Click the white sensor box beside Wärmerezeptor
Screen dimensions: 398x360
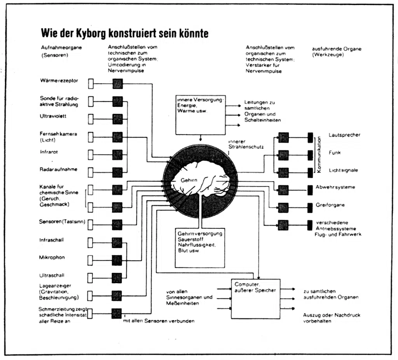pyautogui.click(x=91, y=83)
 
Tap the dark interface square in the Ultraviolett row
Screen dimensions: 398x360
pyautogui.click(x=117, y=119)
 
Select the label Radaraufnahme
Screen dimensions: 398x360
pyautogui.click(x=58, y=169)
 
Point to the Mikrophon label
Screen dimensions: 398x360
pyautogui.click(x=52, y=257)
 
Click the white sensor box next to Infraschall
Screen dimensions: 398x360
pyautogui.click(x=90, y=243)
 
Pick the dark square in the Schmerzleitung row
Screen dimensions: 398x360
pyautogui.click(x=117, y=313)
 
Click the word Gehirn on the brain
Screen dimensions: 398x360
pyautogui.click(x=189, y=180)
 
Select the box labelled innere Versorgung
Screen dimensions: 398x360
pyautogui.click(x=201, y=115)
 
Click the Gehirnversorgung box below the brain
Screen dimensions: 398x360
pyautogui.click(x=200, y=248)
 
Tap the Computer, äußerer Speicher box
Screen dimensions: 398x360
pyautogui.click(x=256, y=299)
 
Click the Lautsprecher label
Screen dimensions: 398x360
pyautogui.click(x=344, y=135)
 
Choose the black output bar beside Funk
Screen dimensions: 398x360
pyautogui.click(x=310, y=155)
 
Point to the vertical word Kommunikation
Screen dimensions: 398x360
pyautogui.click(x=319, y=155)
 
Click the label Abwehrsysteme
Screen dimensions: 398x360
pyautogui.click(x=335, y=187)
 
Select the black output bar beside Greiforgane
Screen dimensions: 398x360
pyautogui.click(x=310, y=208)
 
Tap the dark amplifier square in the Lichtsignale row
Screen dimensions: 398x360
pyautogui.click(x=283, y=173)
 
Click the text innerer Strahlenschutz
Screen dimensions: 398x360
pyautogui.click(x=246, y=144)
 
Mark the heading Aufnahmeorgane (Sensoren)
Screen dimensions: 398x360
pyautogui.click(x=61, y=51)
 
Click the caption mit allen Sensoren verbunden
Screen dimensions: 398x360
pyautogui.click(x=159, y=321)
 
